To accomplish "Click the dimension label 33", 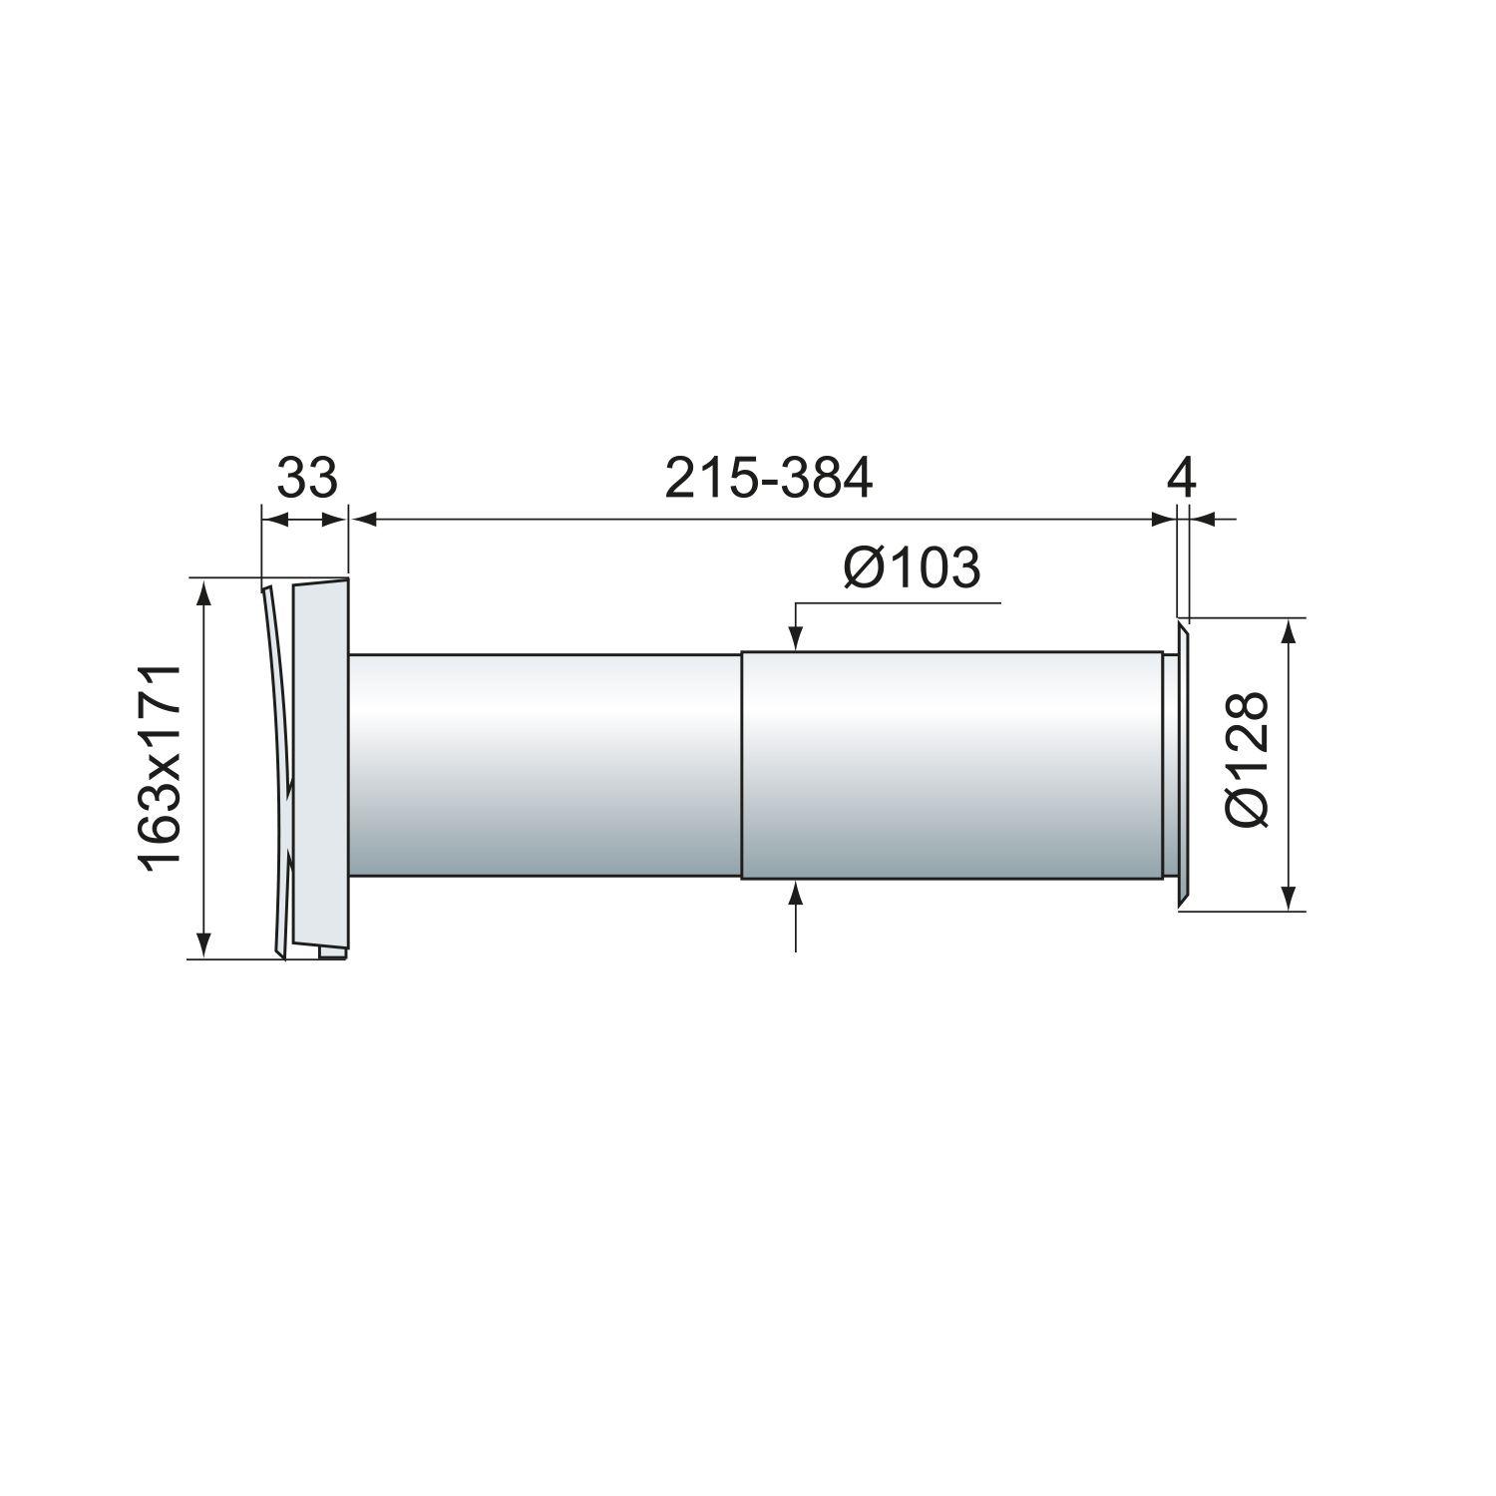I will [307, 479].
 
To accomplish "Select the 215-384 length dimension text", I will [768, 479].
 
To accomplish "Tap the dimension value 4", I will [1181, 479].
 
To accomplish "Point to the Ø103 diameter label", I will [912, 569].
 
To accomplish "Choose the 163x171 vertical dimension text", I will [161, 768].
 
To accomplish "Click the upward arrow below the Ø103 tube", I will [796, 893].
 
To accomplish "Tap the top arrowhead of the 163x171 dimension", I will [204, 591].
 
